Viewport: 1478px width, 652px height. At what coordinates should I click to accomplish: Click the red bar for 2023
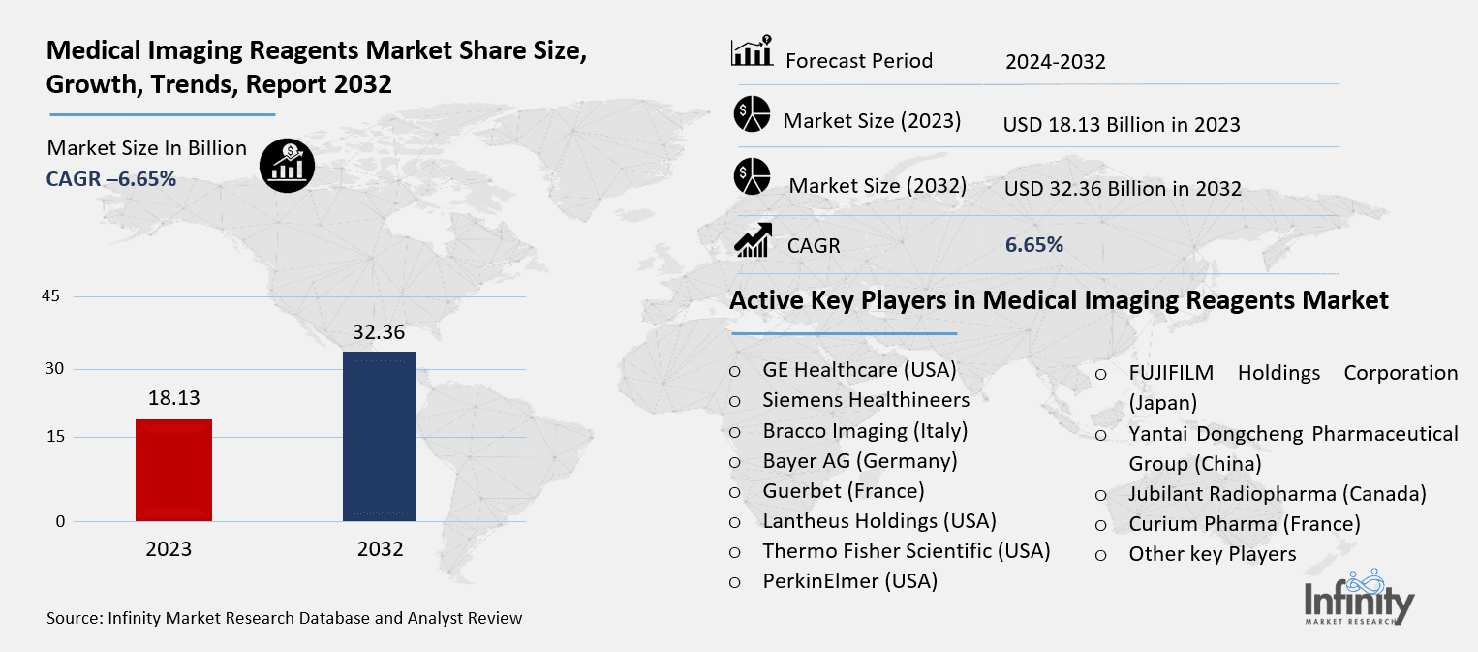[173, 470]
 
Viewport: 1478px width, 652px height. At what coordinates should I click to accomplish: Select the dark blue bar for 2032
[380, 436]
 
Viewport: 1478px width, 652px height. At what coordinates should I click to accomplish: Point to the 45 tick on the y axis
[51, 296]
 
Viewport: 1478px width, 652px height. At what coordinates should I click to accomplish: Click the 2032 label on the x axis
[380, 549]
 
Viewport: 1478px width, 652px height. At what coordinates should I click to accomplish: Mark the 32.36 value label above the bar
[380, 331]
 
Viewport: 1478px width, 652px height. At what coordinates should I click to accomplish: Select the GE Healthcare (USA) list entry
[859, 369]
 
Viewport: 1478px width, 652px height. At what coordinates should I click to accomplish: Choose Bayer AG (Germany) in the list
[860, 460]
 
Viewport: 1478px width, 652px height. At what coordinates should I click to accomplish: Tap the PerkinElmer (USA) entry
[850, 581]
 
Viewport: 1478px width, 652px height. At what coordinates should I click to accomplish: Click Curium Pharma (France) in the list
[1245, 524]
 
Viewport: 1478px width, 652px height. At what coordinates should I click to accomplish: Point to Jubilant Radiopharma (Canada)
[1278, 494]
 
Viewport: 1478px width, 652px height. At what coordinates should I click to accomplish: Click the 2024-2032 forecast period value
[1055, 63]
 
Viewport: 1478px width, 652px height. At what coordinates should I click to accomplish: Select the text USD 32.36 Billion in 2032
[1123, 189]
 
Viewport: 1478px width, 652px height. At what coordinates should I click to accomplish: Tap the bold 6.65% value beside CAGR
[1034, 245]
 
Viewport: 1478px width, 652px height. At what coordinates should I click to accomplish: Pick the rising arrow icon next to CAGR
[753, 240]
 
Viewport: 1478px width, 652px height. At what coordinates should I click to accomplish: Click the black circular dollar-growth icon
[286, 166]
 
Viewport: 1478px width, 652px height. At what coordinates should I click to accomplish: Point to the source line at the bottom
[284, 618]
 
